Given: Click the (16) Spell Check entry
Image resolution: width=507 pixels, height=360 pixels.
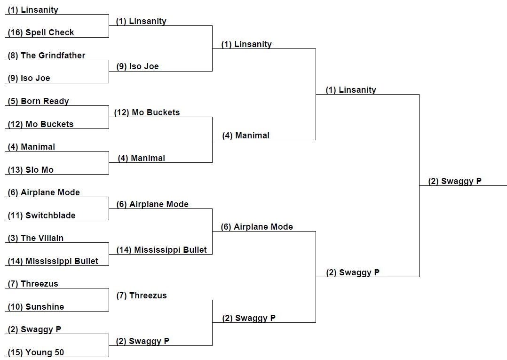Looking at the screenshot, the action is [41, 32].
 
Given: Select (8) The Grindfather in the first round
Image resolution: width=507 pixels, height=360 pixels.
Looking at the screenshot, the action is [46, 56].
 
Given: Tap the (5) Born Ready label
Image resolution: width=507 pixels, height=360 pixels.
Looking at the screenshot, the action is [38, 101].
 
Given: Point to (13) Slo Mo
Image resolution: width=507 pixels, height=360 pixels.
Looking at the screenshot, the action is [31, 170].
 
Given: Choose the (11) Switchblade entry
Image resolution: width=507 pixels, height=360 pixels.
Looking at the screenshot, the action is [41, 216].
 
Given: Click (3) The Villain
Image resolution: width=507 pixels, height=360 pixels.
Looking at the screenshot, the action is [36, 238].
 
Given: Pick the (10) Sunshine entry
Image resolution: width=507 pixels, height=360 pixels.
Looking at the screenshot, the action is [36, 307].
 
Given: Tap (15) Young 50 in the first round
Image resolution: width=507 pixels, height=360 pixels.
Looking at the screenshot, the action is [36, 352].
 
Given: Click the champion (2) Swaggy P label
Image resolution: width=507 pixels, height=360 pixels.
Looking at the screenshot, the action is [455, 181].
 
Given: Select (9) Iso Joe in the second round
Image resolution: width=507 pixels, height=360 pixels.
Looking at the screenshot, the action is [137, 67].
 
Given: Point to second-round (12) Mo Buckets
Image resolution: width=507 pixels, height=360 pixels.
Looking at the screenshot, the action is [147, 112].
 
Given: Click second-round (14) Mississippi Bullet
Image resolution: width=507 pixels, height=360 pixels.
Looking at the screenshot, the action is [161, 250].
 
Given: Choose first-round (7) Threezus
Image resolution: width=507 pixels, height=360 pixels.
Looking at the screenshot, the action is [33, 284].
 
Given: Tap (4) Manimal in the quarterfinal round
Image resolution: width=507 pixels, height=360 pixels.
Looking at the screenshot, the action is [246, 136].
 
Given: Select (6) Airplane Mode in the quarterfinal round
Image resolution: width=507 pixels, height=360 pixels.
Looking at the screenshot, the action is [257, 227].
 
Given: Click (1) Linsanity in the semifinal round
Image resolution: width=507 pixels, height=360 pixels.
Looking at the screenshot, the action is [351, 90].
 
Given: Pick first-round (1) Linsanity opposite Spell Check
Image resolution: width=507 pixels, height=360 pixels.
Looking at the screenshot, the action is [33, 10].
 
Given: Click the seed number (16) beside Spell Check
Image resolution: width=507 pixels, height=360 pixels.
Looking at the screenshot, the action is [15, 32].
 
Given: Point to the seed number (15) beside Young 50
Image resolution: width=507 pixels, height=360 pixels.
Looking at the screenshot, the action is [15, 352].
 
